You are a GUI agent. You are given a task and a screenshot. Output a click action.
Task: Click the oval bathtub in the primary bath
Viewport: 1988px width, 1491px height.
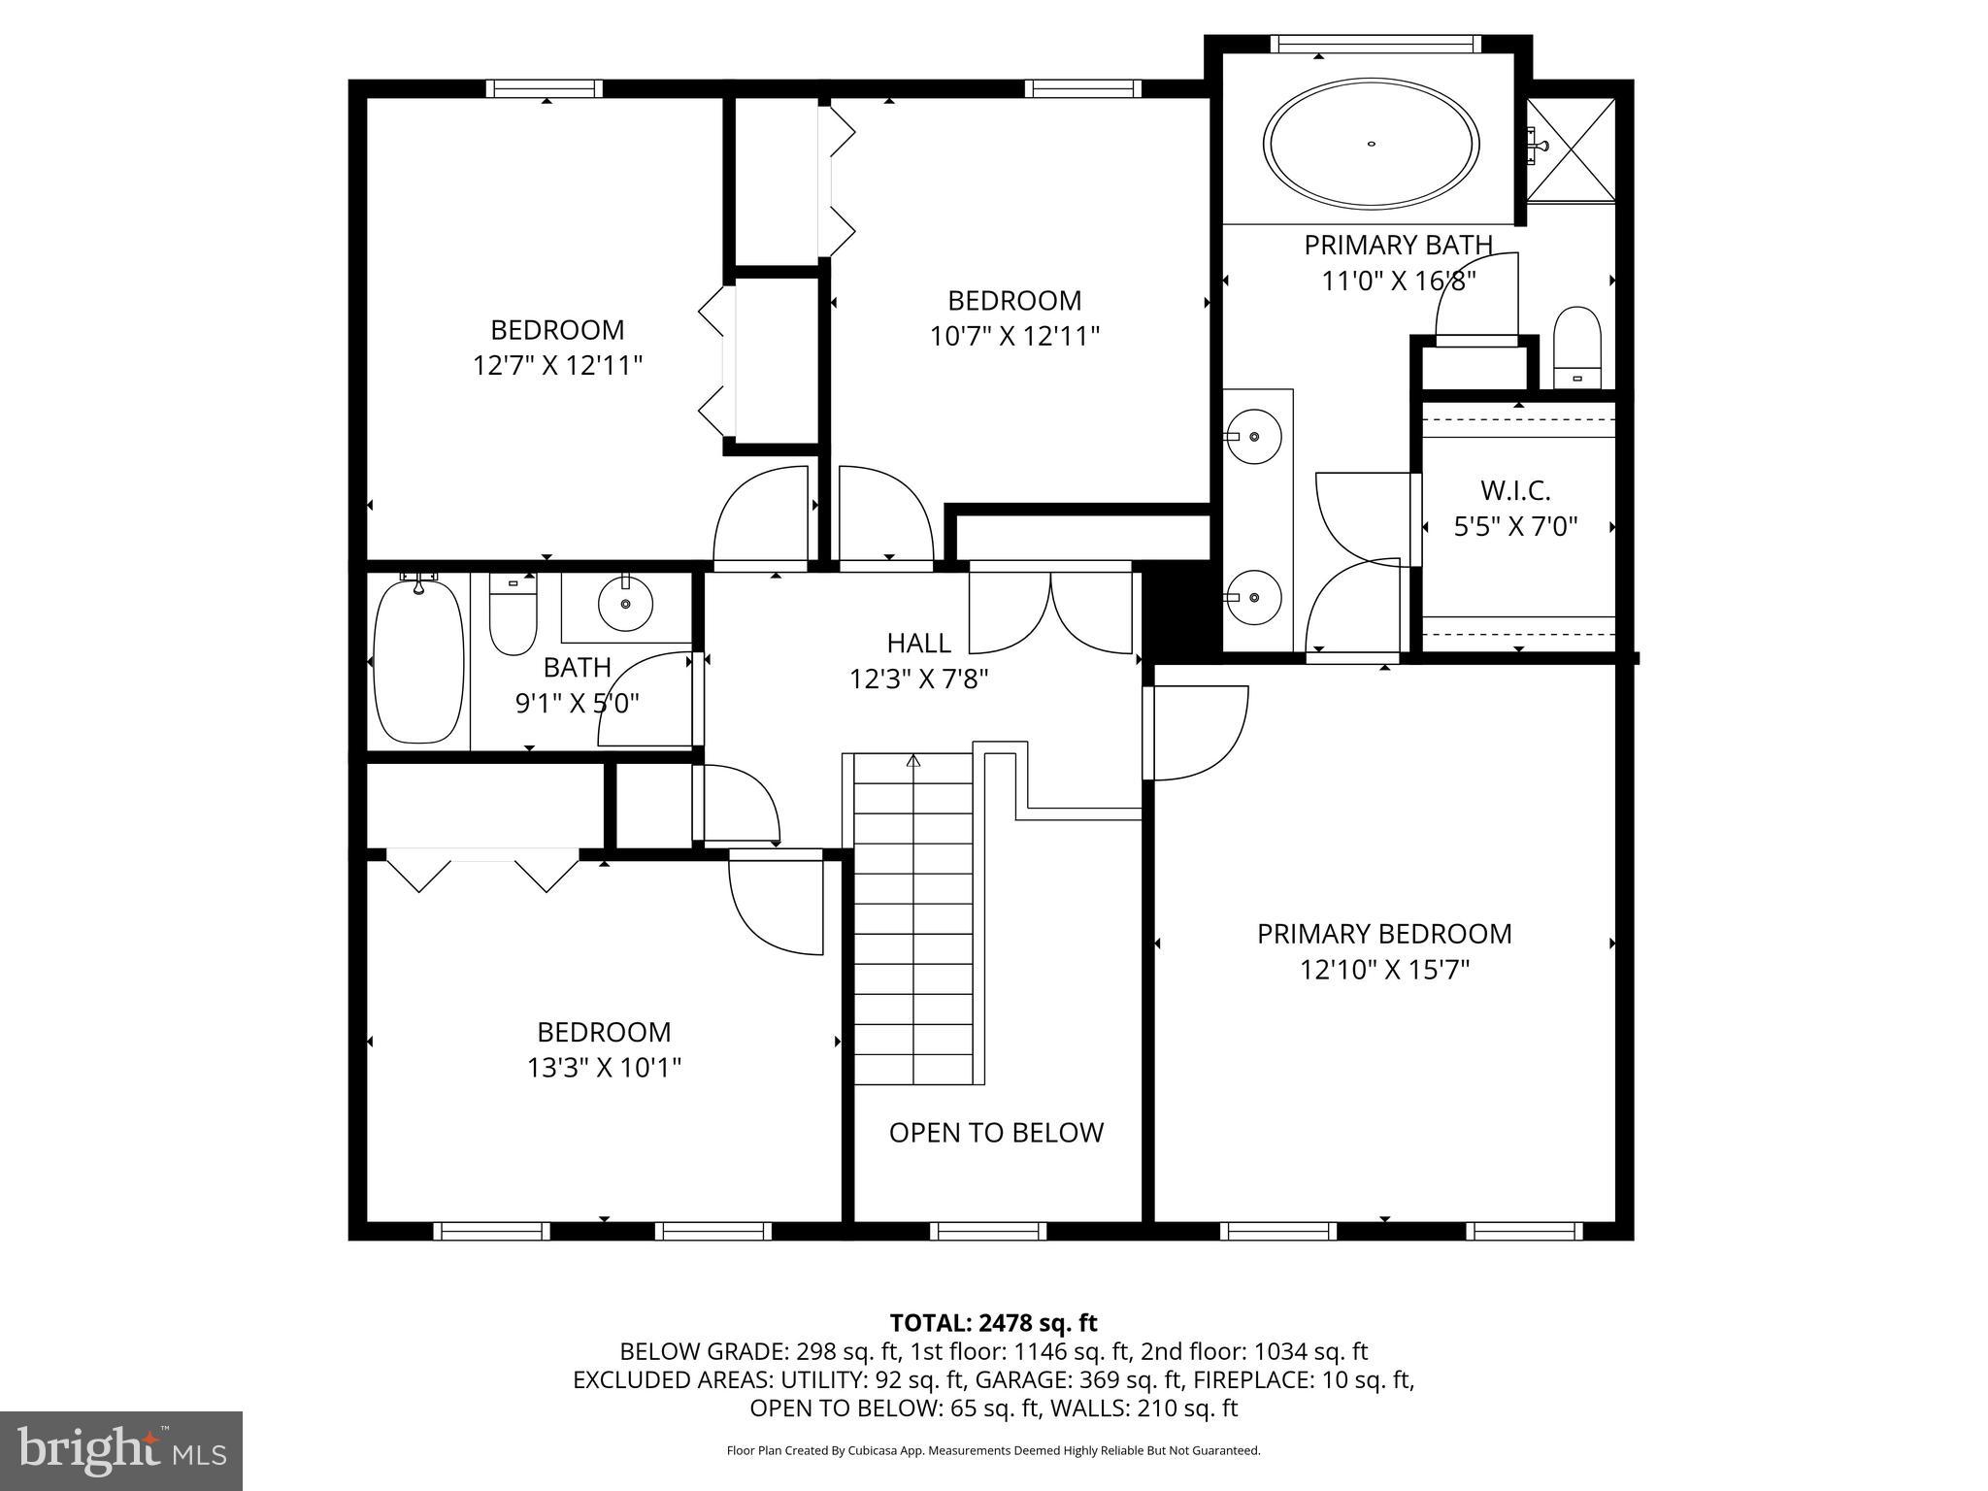point(1371,144)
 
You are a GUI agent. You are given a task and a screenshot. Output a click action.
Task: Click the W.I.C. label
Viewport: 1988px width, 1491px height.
point(1514,490)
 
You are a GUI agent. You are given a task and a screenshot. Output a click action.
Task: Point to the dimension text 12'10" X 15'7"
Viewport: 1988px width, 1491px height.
point(1384,970)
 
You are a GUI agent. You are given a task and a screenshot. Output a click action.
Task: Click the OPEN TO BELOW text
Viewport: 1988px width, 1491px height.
point(996,1133)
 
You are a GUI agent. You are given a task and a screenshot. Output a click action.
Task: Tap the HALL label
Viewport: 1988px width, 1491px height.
point(918,643)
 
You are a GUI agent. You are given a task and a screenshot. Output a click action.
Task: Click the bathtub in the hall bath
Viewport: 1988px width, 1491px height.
point(418,660)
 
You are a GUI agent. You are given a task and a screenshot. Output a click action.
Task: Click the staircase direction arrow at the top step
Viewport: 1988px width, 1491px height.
point(912,762)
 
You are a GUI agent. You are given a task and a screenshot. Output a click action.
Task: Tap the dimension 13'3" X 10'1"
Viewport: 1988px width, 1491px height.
point(604,1068)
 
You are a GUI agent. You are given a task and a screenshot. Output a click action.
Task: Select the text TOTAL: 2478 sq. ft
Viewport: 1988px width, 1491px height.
point(993,1323)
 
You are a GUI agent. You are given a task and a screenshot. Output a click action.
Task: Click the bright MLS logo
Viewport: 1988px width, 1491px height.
point(120,1450)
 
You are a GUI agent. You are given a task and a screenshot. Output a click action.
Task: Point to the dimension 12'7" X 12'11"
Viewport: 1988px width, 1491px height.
point(557,366)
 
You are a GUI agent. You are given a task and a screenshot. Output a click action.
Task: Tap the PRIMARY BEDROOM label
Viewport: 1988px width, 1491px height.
point(1384,934)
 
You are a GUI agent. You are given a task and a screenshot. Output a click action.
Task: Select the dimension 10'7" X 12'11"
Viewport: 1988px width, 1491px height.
point(1014,337)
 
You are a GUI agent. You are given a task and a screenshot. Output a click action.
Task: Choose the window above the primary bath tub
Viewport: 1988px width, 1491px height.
point(1375,44)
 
